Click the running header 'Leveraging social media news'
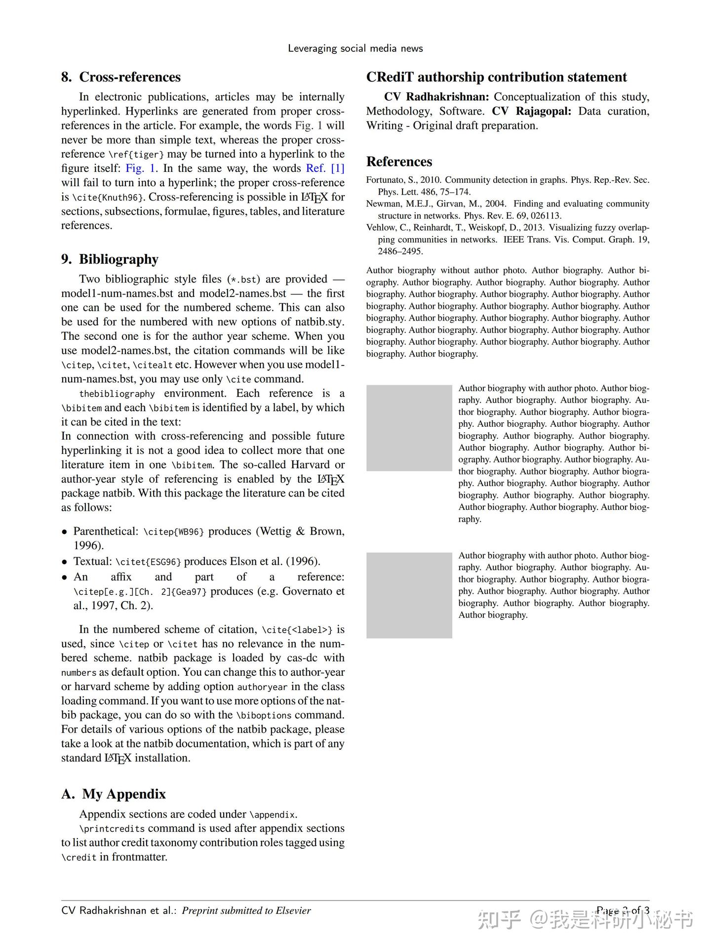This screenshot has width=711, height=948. (355, 48)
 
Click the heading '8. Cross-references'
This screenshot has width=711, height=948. (121, 77)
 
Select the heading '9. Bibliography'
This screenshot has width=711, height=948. (110, 259)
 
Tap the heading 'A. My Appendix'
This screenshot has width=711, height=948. (114, 794)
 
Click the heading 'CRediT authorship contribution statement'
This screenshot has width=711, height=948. (496, 77)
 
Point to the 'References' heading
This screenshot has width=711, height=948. (399, 162)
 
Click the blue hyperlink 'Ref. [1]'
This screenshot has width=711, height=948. (325, 168)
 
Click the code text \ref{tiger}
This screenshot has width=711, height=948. (136, 155)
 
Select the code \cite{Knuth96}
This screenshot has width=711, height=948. (109, 198)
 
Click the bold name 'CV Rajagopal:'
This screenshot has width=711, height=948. (531, 111)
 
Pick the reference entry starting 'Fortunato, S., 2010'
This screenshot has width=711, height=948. (508, 185)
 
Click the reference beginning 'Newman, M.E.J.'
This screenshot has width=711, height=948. (508, 209)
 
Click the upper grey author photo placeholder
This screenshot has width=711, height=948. (409, 428)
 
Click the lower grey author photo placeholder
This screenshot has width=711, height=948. (409, 595)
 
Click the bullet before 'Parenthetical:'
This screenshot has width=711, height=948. (64, 532)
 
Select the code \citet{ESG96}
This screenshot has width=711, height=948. (148, 562)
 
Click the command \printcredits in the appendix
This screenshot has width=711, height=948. (112, 829)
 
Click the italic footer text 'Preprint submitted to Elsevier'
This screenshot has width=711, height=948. (246, 910)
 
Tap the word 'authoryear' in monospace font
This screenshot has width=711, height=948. (262, 687)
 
